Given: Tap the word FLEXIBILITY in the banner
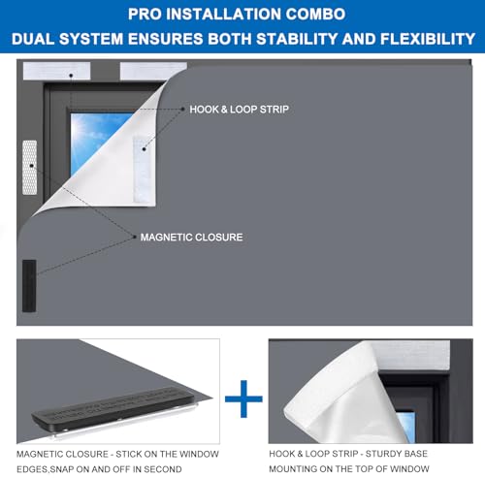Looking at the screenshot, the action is pos(428,39).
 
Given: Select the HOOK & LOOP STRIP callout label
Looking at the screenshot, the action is pos(239,110).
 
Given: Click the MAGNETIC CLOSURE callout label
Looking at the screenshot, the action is pos(191,238).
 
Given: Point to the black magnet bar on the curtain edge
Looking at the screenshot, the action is pos(29,286).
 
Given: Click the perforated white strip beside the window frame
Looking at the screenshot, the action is pos(29,168).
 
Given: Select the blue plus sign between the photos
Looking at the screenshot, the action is pos(243,398).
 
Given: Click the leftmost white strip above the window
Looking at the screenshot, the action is pos(56,71).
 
